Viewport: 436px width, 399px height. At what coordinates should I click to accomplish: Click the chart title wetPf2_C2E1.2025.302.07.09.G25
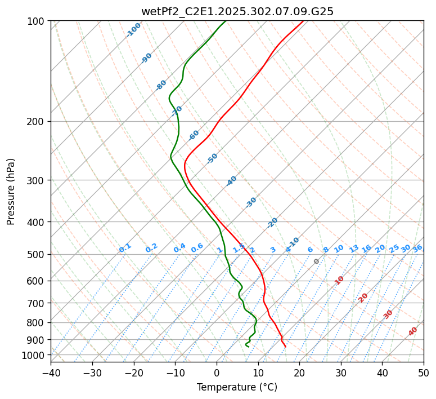(x=237, y=11)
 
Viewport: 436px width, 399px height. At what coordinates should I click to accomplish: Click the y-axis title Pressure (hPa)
(x=11, y=192)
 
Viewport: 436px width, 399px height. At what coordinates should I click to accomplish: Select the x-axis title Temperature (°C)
(x=237, y=387)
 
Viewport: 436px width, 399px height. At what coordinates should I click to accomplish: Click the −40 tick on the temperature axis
(x=51, y=373)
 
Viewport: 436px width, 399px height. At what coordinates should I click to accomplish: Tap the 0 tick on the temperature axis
(x=217, y=373)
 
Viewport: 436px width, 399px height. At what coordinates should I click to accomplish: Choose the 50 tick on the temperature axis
(x=424, y=373)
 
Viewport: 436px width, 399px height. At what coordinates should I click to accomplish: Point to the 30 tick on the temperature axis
(x=341, y=373)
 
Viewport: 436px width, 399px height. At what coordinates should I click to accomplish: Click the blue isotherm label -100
(x=133, y=29)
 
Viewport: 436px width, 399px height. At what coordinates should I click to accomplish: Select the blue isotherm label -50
(x=212, y=158)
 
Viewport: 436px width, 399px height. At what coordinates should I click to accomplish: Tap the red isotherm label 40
(x=413, y=331)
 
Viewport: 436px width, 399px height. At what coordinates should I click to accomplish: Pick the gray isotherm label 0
(x=317, y=261)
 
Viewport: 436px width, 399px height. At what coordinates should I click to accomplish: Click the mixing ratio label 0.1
(x=125, y=247)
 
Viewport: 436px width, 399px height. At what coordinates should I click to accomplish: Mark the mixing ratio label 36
(x=417, y=248)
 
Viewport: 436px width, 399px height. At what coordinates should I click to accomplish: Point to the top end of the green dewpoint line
(x=226, y=21)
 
